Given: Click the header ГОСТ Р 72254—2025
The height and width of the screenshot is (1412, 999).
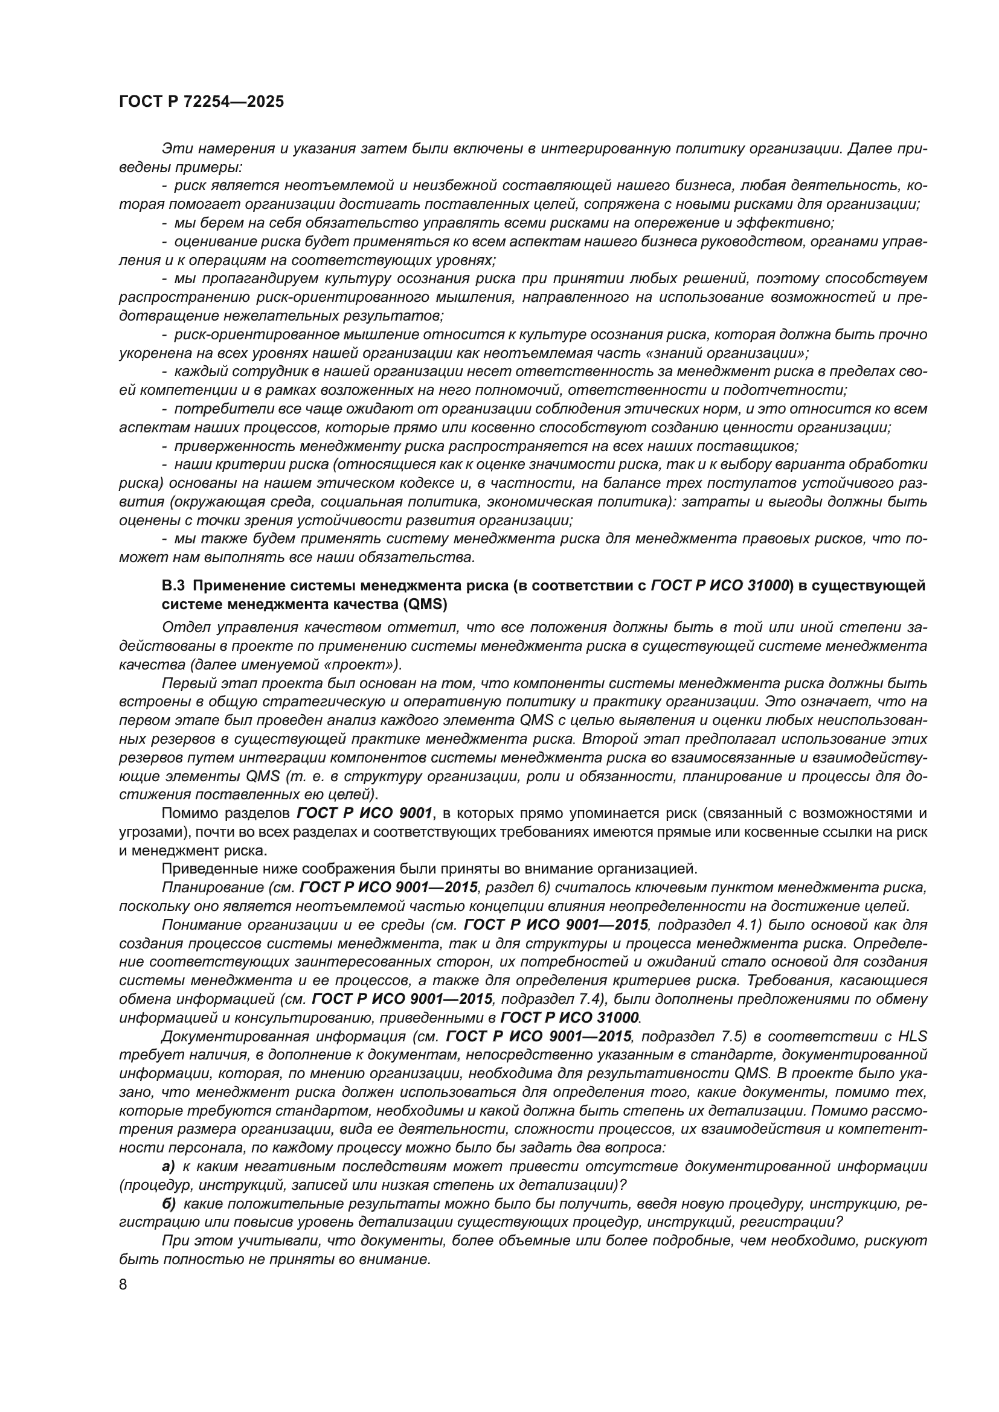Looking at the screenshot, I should [201, 102].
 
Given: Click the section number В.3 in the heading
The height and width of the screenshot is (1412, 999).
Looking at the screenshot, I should [173, 586].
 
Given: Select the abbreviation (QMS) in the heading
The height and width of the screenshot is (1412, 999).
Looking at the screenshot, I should [425, 604].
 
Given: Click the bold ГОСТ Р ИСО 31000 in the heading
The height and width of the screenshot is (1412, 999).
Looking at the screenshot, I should [719, 586].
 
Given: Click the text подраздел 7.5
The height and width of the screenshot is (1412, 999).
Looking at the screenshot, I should [687, 1037].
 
